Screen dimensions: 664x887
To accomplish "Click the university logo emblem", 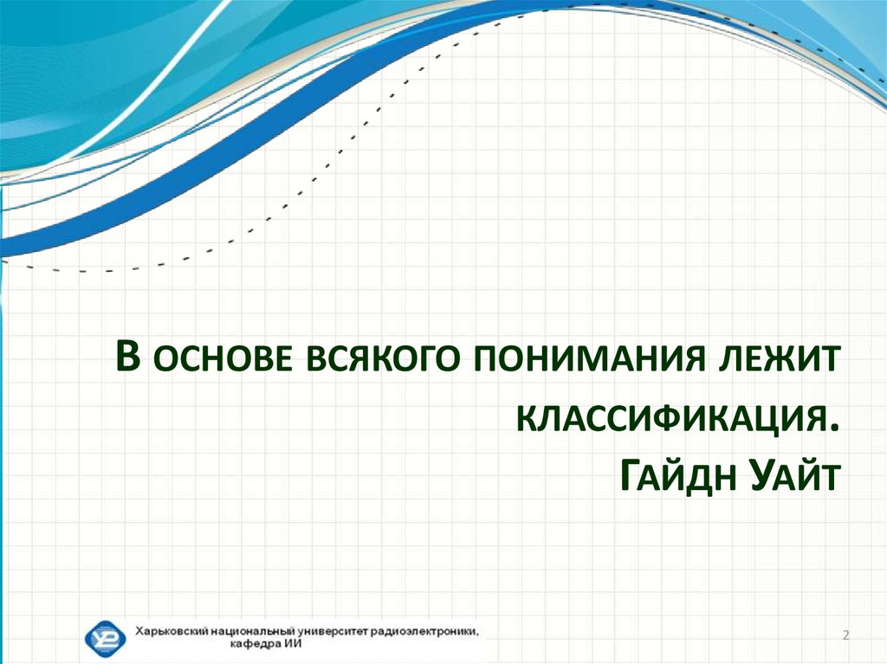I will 105,638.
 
